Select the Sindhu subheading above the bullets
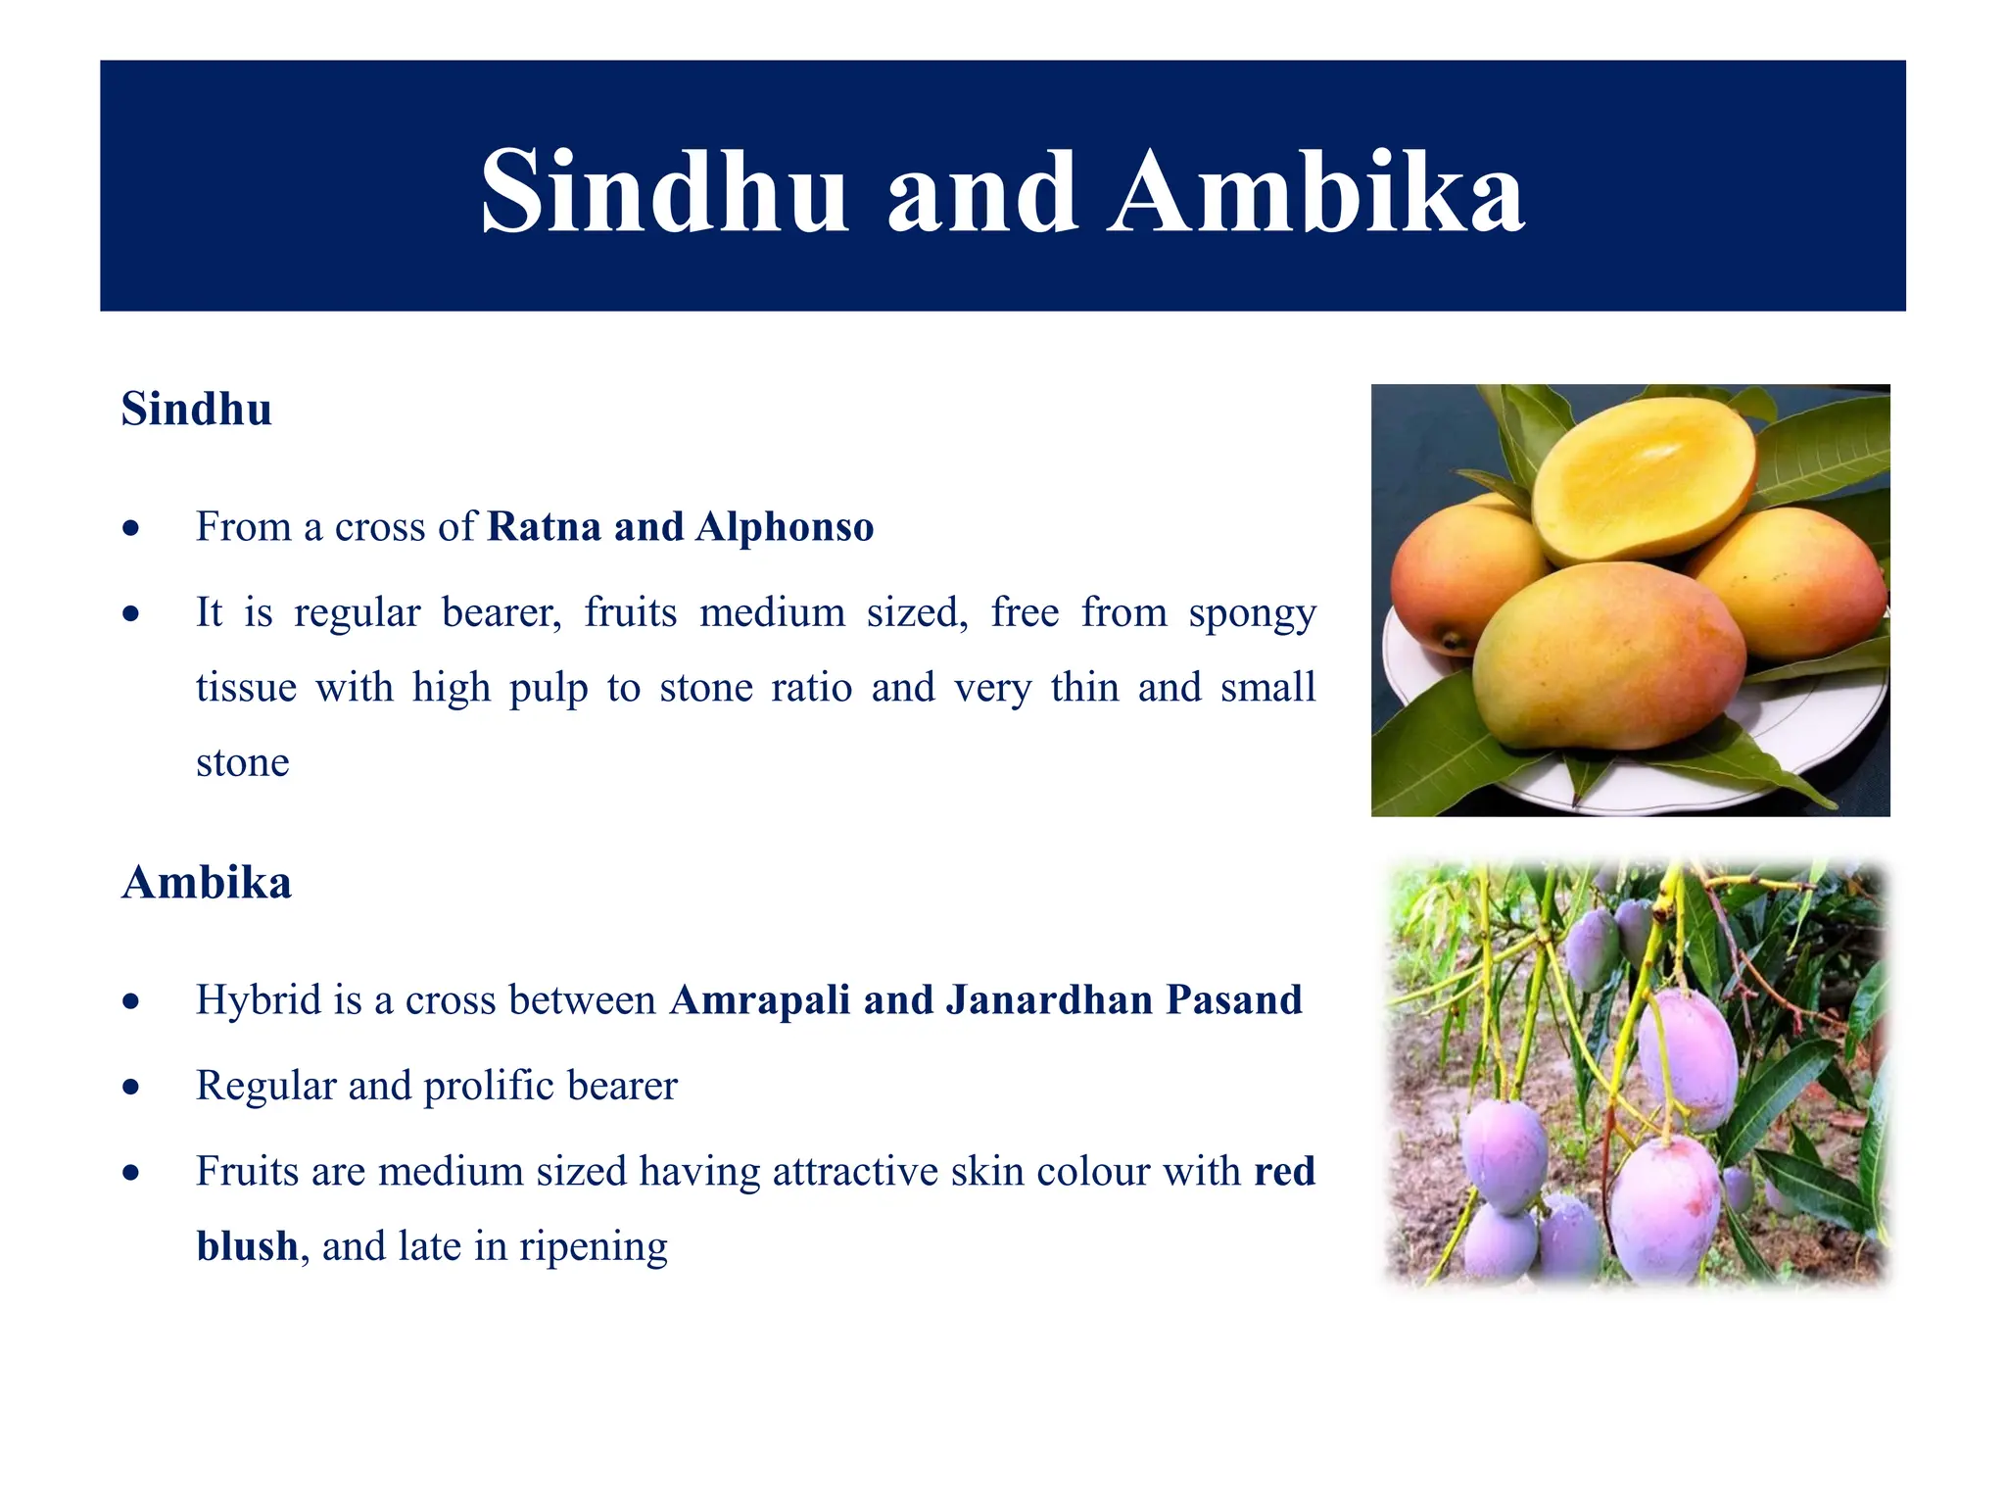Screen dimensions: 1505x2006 point(196,410)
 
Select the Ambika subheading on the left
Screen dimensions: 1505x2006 point(206,883)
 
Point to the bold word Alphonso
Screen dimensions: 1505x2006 point(785,527)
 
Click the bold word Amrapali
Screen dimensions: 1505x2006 point(759,1000)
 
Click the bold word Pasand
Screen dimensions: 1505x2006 point(1234,1000)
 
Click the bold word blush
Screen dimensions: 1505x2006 point(247,1246)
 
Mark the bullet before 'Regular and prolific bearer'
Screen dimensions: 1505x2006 point(131,1088)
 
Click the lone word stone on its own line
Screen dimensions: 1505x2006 point(242,763)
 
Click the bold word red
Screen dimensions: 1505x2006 point(1284,1172)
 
